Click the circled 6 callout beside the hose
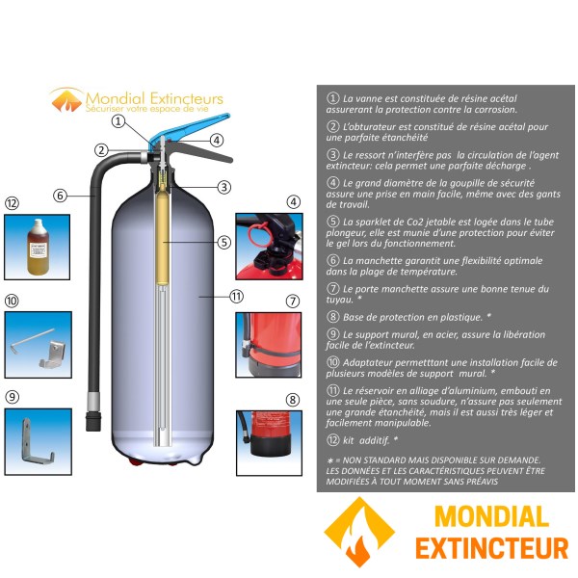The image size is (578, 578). tap(60, 196)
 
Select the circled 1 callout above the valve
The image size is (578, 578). tap(118, 121)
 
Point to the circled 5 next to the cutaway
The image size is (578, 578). tap(223, 243)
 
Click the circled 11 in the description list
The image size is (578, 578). tap(333, 388)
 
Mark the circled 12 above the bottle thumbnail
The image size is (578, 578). tap(12, 203)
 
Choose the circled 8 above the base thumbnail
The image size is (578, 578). tap(293, 398)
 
